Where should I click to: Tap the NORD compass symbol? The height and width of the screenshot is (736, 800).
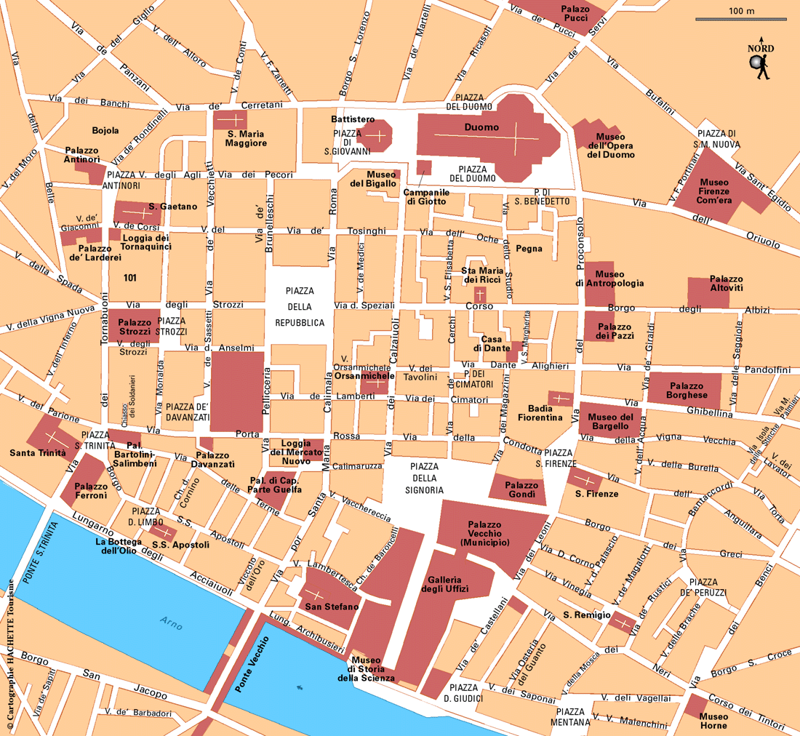tap(761, 62)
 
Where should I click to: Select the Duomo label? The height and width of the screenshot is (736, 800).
tap(481, 127)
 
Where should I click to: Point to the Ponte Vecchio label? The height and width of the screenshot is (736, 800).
tap(252, 663)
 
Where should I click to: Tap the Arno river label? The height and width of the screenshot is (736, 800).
tap(172, 623)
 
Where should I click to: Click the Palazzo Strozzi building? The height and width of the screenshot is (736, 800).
tap(135, 326)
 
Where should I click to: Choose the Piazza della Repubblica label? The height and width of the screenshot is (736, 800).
tap(299, 306)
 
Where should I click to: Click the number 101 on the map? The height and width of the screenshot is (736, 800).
tap(130, 277)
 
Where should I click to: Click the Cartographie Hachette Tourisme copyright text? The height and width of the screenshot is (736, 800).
tap(10, 655)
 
